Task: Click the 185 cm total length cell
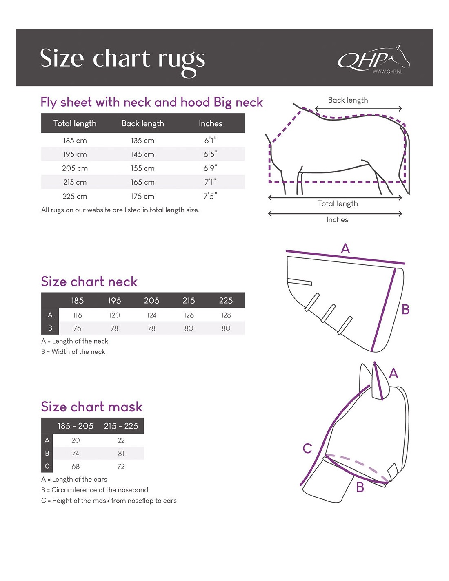[x=75, y=141]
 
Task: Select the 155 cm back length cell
[x=142, y=168]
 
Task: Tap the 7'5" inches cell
[x=210, y=196]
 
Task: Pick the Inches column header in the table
[x=211, y=123]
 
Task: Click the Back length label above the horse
[x=348, y=100]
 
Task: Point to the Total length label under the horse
[x=338, y=203]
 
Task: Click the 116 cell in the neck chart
[x=77, y=315]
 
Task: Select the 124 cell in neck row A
[x=151, y=315]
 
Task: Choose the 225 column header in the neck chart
[x=226, y=301]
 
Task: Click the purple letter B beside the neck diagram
[x=405, y=309]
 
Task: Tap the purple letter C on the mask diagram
[x=307, y=448]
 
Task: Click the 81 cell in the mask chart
[x=121, y=454]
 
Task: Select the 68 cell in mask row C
[x=76, y=467]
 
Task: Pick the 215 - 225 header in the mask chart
[x=121, y=426]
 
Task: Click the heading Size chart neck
[x=89, y=282]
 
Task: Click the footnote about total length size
[x=120, y=210]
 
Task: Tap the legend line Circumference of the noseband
[x=95, y=490]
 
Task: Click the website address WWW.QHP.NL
[x=387, y=72]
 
